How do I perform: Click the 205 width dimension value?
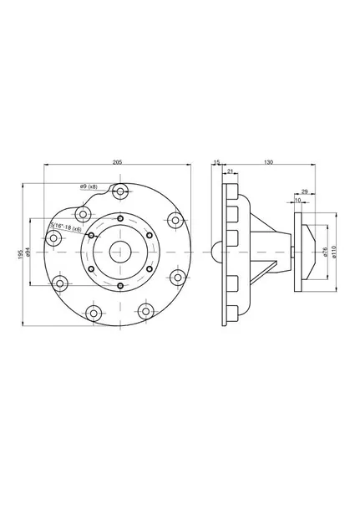coord(117,162)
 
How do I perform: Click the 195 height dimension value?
coord(21,254)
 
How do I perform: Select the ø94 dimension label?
coord(28,252)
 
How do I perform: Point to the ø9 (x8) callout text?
coord(89,186)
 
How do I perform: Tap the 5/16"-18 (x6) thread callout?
coord(66,227)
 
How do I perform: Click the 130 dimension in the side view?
coord(269,162)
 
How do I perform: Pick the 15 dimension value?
coord(217,161)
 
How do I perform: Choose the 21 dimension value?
coord(230,171)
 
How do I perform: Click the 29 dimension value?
coord(304,191)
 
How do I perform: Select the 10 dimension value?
coord(298,201)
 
